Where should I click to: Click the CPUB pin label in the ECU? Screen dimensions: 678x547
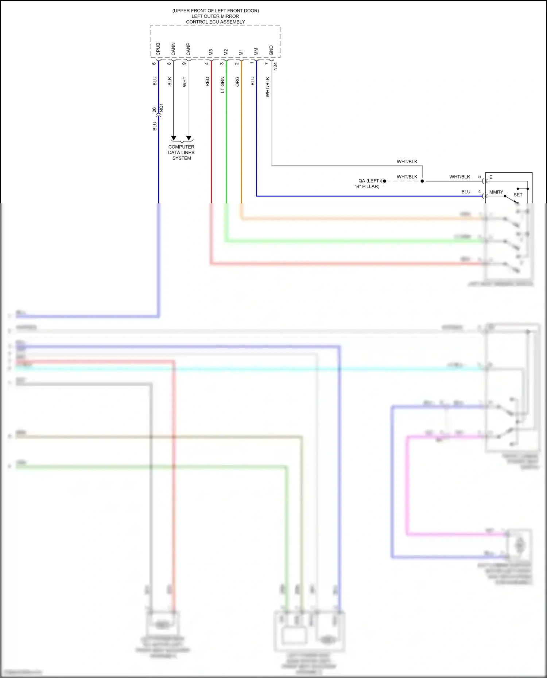158,49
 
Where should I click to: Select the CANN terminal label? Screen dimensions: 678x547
173,49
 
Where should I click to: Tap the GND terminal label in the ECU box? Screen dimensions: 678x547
271,50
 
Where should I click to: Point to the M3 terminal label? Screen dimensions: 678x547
211,52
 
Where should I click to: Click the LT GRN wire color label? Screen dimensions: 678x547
222,85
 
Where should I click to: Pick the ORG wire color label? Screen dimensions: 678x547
237,82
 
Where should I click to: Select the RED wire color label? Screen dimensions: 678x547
207,82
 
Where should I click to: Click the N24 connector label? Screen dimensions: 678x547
275,66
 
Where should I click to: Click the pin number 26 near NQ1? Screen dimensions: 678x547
154,109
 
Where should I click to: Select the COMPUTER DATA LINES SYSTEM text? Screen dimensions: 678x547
181,152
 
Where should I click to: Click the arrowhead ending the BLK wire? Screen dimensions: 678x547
174,138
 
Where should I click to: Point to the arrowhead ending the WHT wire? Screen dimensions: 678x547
189,138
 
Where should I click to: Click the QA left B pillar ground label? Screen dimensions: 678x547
368,183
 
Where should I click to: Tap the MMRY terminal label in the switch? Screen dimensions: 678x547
496,192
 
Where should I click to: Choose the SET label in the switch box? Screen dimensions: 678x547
518,195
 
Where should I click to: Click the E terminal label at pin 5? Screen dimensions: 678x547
491,177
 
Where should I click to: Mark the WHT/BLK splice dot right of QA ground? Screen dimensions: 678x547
422,181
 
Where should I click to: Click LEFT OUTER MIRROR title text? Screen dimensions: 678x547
215,16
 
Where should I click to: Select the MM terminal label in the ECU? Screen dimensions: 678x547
256,51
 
